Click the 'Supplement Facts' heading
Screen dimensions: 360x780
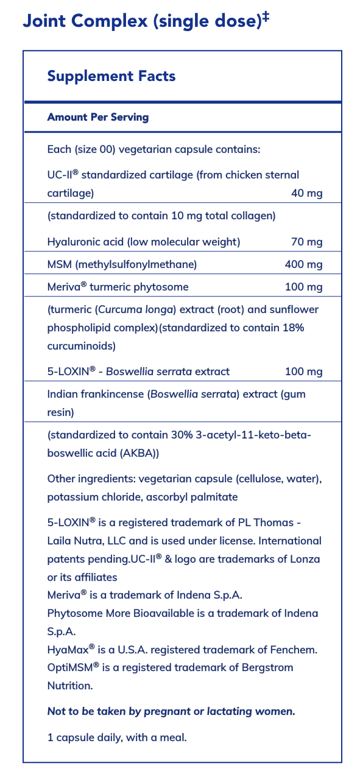pos(111,76)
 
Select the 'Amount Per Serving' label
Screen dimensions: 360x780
pos(98,117)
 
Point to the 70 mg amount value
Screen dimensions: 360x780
pos(306,242)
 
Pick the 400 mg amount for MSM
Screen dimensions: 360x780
pos(303,264)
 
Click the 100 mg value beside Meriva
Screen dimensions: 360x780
pos(303,287)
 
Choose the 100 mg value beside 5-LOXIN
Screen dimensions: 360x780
pos(303,371)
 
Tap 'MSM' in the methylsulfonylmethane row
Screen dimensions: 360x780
pos(60,264)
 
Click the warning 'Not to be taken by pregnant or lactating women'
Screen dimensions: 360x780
pos(171,711)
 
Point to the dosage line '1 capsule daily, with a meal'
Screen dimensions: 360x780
pos(117,737)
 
